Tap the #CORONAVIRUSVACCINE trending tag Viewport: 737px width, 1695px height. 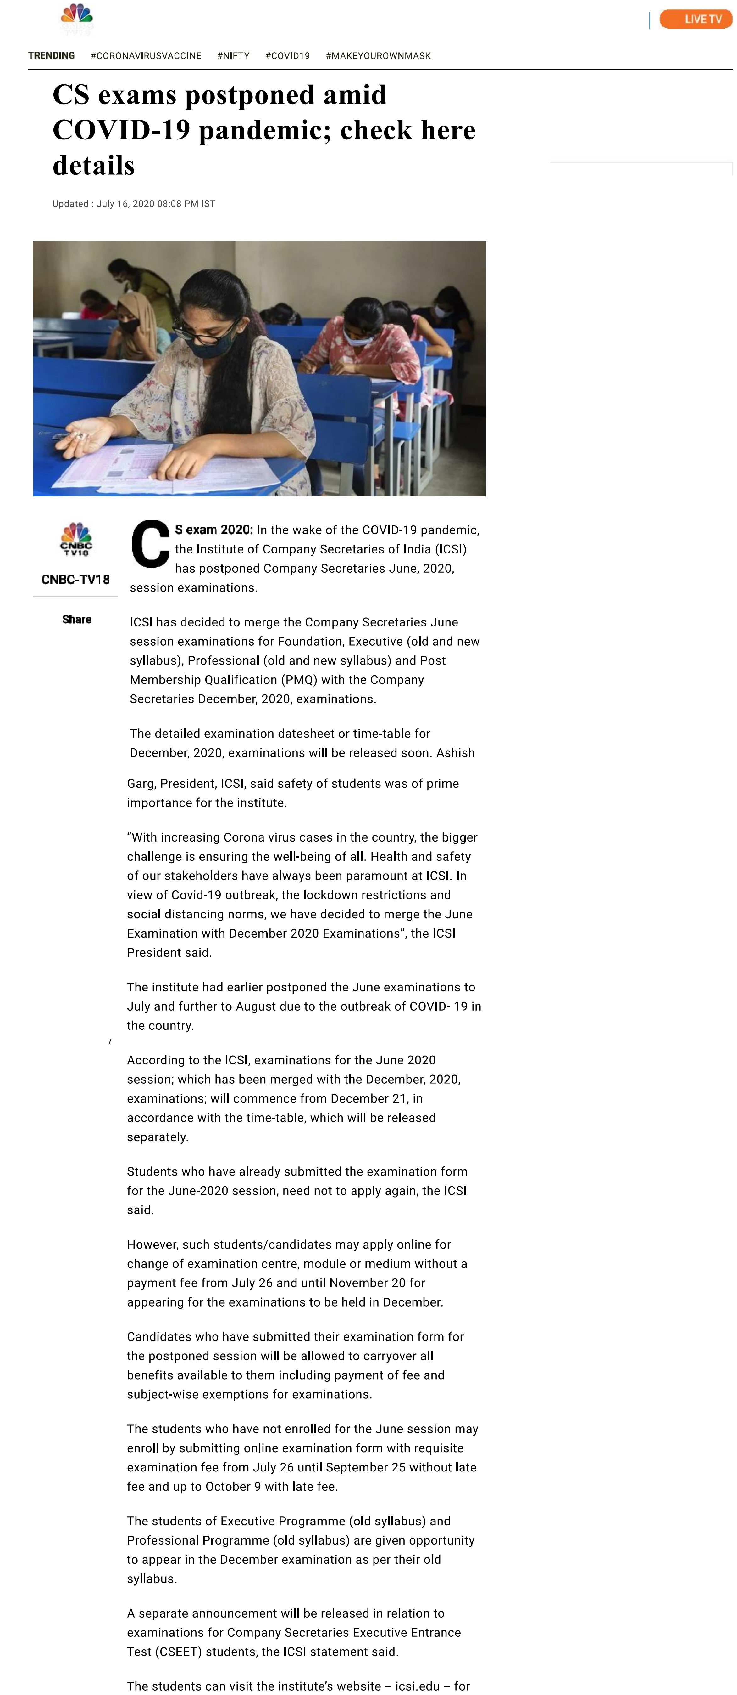click(x=146, y=56)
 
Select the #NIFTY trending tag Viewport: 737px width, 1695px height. click(x=233, y=56)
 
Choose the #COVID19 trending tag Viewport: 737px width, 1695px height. click(x=287, y=56)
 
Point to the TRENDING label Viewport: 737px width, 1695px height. click(x=51, y=56)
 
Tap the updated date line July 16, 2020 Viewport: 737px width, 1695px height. click(x=133, y=204)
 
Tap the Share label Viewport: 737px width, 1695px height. click(x=76, y=619)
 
